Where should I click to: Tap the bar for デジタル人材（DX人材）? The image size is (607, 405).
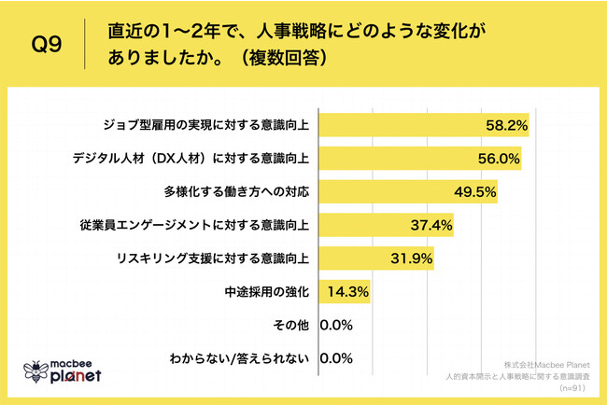[420, 158]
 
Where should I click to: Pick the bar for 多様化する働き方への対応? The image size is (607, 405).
[408, 191]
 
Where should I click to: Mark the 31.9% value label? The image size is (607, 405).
[412, 258]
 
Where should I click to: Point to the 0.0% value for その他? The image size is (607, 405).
[336, 325]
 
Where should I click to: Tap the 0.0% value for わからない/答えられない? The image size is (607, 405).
[336, 358]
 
